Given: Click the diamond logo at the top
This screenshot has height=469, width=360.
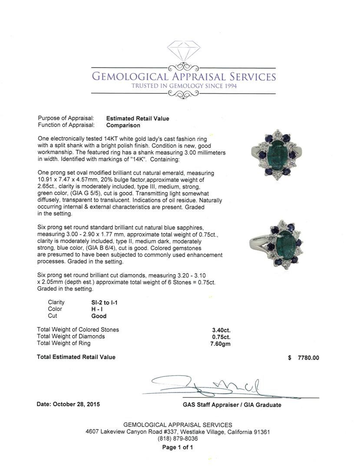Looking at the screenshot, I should (184, 52).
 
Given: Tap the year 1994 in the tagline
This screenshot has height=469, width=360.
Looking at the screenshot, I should (225, 86).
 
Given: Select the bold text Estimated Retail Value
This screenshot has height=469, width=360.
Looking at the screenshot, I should (138, 119).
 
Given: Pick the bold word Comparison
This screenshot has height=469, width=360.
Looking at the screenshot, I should (123, 126).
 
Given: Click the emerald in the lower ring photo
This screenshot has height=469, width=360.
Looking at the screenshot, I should (286, 243).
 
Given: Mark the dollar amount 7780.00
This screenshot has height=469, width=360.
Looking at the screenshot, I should (308, 358).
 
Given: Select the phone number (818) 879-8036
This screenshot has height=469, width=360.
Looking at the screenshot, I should (178, 439).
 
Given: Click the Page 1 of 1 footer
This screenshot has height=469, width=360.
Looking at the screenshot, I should (178, 447).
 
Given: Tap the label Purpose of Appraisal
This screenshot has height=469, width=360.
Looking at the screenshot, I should (66, 119).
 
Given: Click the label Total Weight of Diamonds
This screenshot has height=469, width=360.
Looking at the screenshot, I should (71, 337).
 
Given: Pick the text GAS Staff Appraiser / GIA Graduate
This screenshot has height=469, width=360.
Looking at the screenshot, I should (232, 405).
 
